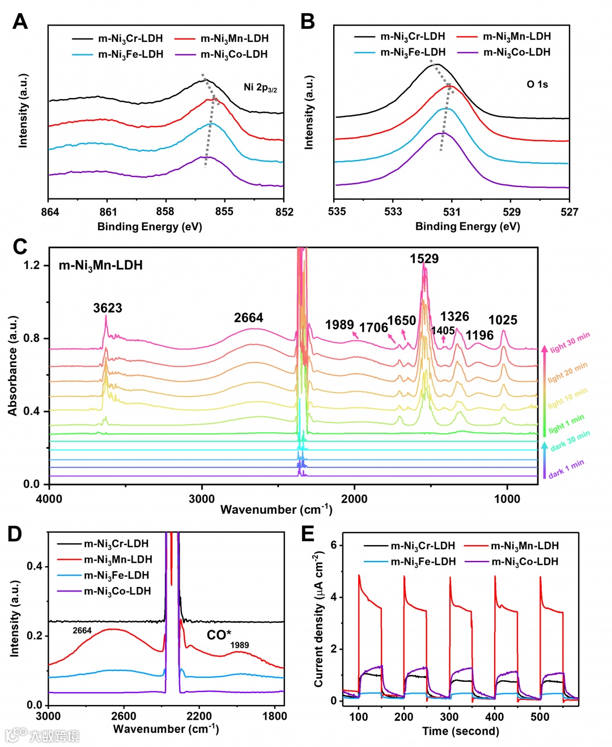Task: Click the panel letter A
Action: click(20, 22)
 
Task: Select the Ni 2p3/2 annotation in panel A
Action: click(260, 87)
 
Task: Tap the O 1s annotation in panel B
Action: click(537, 85)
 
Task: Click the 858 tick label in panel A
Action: click(165, 212)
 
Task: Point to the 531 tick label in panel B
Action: click(452, 212)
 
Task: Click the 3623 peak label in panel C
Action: click(108, 308)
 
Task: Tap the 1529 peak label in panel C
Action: click(424, 259)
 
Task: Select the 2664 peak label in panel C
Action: click(249, 318)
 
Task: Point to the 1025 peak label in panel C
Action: click(503, 320)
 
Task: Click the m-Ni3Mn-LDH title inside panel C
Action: click(101, 265)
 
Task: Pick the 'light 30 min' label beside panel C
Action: click(569, 342)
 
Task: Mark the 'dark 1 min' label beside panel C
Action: click(566, 469)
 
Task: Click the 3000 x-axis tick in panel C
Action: click(202, 499)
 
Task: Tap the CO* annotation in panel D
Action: click(219, 635)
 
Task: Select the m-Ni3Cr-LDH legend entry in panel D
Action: click(116, 543)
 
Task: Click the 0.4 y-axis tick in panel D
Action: click(35, 566)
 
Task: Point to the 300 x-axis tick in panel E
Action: click(449, 716)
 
